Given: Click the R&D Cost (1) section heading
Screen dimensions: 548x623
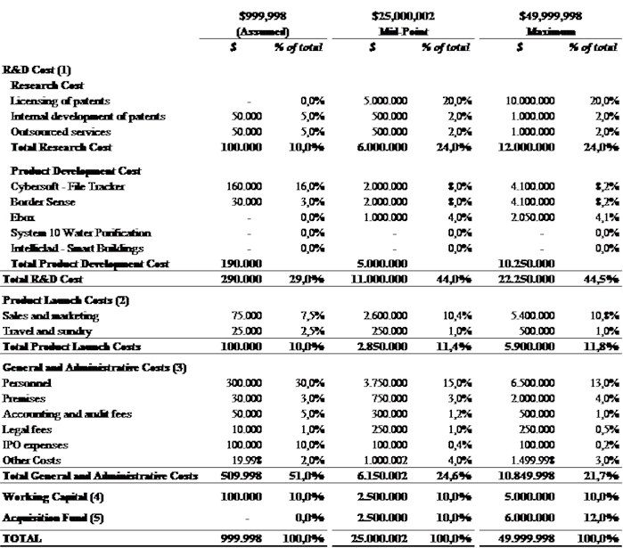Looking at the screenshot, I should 37,70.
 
